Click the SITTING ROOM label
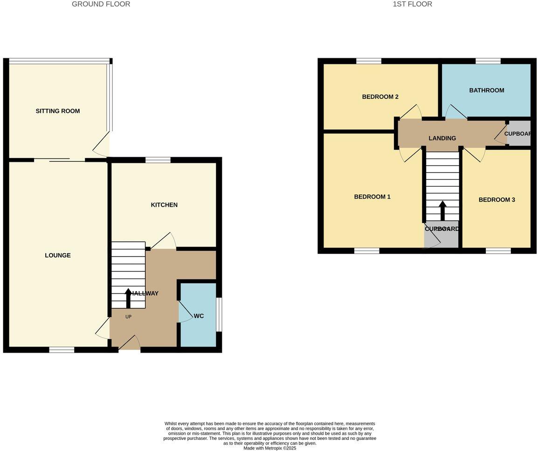[58, 111]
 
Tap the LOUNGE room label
[58, 255]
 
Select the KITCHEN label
[164, 205]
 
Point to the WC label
[199, 316]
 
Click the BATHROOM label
[486, 90]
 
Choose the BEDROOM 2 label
[380, 97]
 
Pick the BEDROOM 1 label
[372, 196]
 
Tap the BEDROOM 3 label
[497, 200]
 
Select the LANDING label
[442, 138]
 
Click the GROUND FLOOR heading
[101, 4]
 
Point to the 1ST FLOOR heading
[412, 4]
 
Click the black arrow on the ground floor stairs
[128, 298]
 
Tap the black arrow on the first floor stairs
[442, 210]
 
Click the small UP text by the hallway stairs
[128, 317]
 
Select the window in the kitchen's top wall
[158, 160]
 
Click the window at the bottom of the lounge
[62, 350]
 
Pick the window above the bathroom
[488, 61]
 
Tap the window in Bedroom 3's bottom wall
[498, 251]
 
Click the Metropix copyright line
[269, 448]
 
